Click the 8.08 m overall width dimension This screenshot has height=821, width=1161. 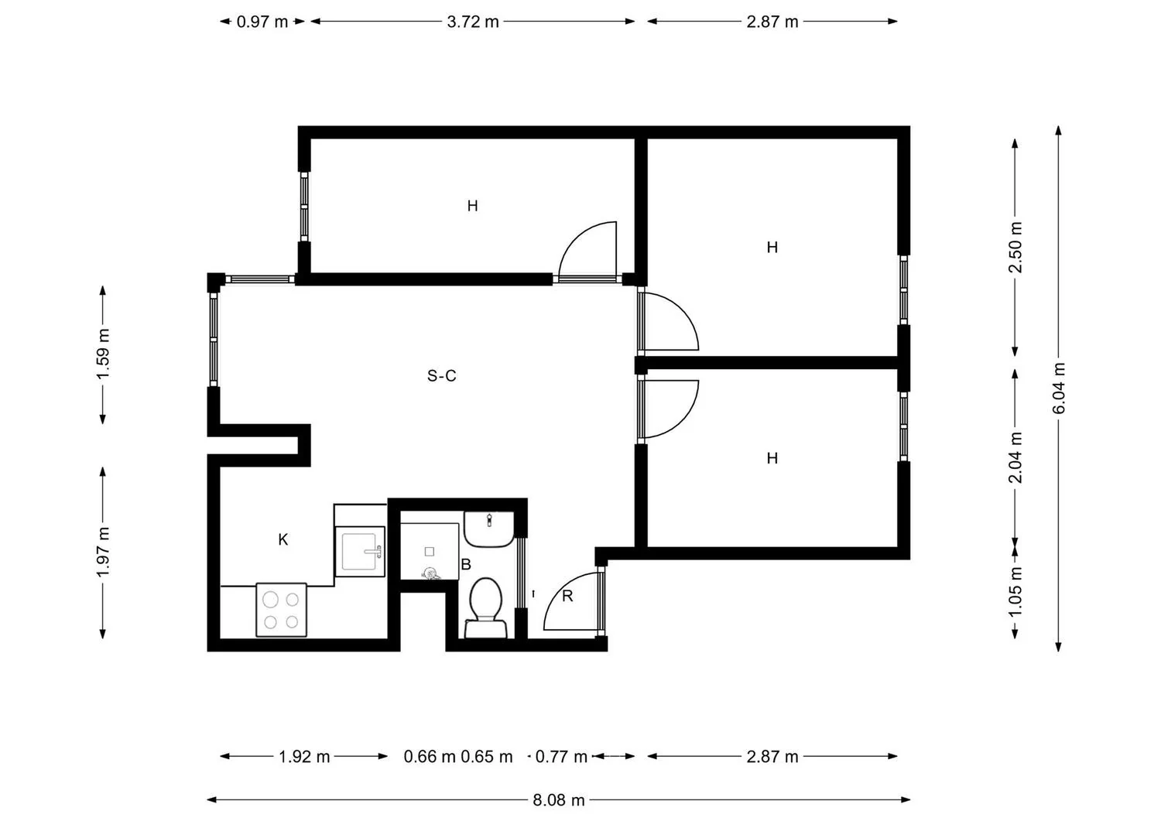pyautogui.click(x=559, y=800)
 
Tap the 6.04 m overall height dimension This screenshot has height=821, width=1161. pyautogui.click(x=1059, y=388)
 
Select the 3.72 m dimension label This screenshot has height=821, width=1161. pyautogui.click(x=473, y=22)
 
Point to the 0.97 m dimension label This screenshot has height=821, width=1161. pyautogui.click(x=262, y=22)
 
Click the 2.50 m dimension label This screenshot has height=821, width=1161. pyautogui.click(x=1015, y=248)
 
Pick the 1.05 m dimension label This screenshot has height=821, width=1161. pyautogui.click(x=1015, y=591)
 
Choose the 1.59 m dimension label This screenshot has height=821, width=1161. pyautogui.click(x=103, y=354)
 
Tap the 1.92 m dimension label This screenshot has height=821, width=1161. pyautogui.click(x=304, y=757)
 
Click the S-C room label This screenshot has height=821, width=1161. pyautogui.click(x=442, y=376)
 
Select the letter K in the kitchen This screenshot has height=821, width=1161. pyautogui.click(x=283, y=539)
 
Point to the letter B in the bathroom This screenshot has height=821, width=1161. pyautogui.click(x=466, y=564)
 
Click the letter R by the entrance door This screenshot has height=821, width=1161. pyautogui.click(x=567, y=596)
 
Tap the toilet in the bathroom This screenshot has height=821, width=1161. pyautogui.click(x=485, y=608)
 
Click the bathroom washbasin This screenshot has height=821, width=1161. pyautogui.click(x=488, y=529)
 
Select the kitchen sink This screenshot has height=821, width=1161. pyautogui.click(x=360, y=552)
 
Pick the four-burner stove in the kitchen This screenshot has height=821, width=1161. pyautogui.click(x=282, y=610)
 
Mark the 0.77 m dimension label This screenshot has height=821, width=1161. pyautogui.click(x=561, y=757)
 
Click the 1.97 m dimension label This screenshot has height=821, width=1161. pyautogui.click(x=103, y=552)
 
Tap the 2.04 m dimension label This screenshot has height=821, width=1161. pyautogui.click(x=1015, y=457)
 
